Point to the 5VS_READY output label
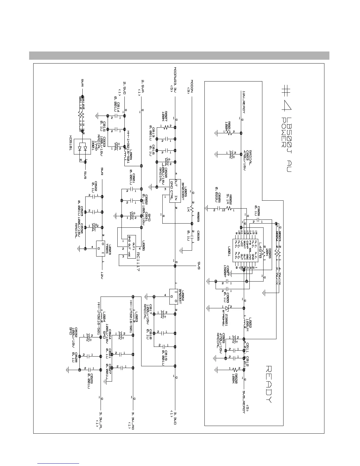point(244,402)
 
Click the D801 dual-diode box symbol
point(83,149)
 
